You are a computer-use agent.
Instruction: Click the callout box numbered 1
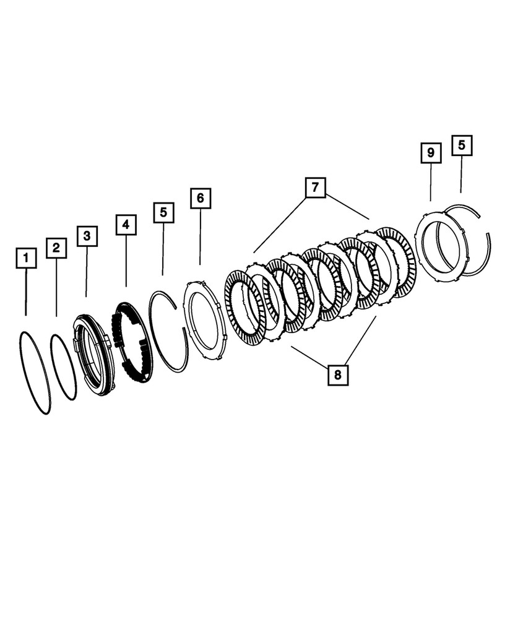(26, 258)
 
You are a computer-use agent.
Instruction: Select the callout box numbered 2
(56, 248)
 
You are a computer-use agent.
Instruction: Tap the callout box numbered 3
(87, 236)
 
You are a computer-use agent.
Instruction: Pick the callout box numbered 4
(126, 224)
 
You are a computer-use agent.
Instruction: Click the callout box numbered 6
(200, 199)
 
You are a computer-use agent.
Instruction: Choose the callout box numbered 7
(315, 187)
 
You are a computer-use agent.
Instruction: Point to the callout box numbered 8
(339, 374)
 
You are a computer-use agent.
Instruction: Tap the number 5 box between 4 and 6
(163, 212)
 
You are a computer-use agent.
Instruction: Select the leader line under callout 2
(56, 288)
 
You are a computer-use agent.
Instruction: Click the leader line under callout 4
(126, 261)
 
